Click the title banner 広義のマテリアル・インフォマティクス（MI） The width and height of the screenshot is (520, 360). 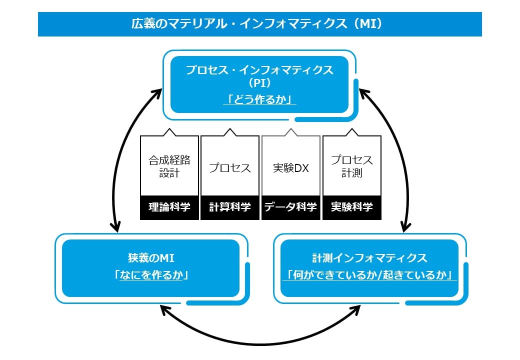point(259,24)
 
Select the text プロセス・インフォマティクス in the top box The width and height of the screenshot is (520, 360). point(259,70)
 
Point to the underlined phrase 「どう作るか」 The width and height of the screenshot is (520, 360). point(259,99)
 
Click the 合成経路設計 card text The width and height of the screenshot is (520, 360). point(169,167)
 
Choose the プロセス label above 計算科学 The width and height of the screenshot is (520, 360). point(230,168)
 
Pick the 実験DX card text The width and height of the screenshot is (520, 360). point(291,168)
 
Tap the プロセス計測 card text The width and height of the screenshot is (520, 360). point(352,167)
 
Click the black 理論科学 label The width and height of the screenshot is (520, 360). point(169,207)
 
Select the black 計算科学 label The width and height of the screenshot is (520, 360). point(230,207)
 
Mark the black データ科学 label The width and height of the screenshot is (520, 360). point(291,207)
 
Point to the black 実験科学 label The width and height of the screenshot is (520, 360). point(352,207)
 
